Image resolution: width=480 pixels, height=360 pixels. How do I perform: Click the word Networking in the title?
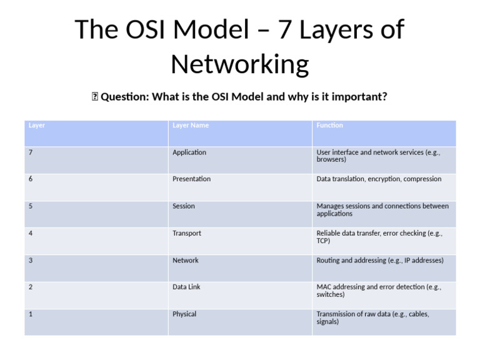pos(240,64)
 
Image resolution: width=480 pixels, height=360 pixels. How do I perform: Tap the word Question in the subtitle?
pos(122,97)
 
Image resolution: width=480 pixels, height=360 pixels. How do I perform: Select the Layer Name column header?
pos(191,126)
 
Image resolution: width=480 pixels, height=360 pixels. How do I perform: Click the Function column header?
pos(329,126)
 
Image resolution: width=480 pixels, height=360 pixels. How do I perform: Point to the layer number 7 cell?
pos(31,152)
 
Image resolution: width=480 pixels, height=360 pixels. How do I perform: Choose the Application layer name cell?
pos(189,152)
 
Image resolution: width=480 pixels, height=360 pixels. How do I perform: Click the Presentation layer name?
pos(191,179)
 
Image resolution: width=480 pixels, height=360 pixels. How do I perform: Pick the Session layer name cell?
pos(184,206)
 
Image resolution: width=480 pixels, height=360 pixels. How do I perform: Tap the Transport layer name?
pos(187,233)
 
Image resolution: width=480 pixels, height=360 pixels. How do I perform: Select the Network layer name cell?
pos(186,261)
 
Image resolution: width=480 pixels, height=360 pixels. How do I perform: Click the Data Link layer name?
pos(186,287)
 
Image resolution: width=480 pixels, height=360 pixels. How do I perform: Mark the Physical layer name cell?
pos(184,314)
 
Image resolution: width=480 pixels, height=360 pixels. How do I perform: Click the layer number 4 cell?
pos(31,233)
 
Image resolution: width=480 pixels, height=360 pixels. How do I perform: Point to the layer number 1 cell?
pos(31,314)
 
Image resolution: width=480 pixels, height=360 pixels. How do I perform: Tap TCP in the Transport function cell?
pos(323,241)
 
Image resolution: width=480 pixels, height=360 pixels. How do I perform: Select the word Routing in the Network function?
pos(329,261)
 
